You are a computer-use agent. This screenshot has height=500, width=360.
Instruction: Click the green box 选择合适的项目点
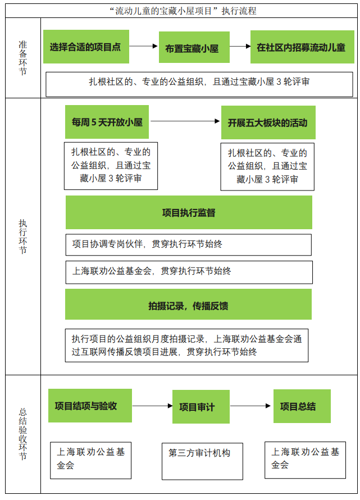86,47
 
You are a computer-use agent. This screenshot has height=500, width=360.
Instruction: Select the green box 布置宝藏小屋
194,47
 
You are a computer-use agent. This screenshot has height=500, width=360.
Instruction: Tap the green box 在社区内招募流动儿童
302,47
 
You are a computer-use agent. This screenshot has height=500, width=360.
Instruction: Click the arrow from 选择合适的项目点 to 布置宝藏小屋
143,46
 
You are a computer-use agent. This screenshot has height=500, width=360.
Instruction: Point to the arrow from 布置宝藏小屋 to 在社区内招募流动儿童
240,46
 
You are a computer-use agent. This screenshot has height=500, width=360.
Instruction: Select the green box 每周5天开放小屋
107,122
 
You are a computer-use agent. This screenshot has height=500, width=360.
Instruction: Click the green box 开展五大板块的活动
268,122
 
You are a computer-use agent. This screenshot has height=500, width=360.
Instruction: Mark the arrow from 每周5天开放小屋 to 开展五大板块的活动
185,121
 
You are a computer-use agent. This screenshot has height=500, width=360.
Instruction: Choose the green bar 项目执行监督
189,212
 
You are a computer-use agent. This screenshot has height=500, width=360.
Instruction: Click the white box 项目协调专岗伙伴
189,245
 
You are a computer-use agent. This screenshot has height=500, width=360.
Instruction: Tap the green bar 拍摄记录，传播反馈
189,304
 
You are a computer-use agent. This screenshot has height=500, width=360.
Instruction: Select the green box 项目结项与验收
90,406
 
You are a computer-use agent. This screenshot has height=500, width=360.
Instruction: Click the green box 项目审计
201,407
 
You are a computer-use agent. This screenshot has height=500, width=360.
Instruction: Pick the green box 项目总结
302,406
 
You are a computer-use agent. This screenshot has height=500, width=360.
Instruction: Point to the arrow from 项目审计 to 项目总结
250,406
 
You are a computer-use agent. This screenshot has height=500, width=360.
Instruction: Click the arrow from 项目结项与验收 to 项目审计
152,406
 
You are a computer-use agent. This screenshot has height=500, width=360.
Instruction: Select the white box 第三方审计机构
202,461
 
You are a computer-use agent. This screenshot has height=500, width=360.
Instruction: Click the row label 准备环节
22,58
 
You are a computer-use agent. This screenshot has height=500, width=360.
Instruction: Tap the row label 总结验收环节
22,434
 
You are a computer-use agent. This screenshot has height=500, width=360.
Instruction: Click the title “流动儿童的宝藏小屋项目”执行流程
183,11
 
